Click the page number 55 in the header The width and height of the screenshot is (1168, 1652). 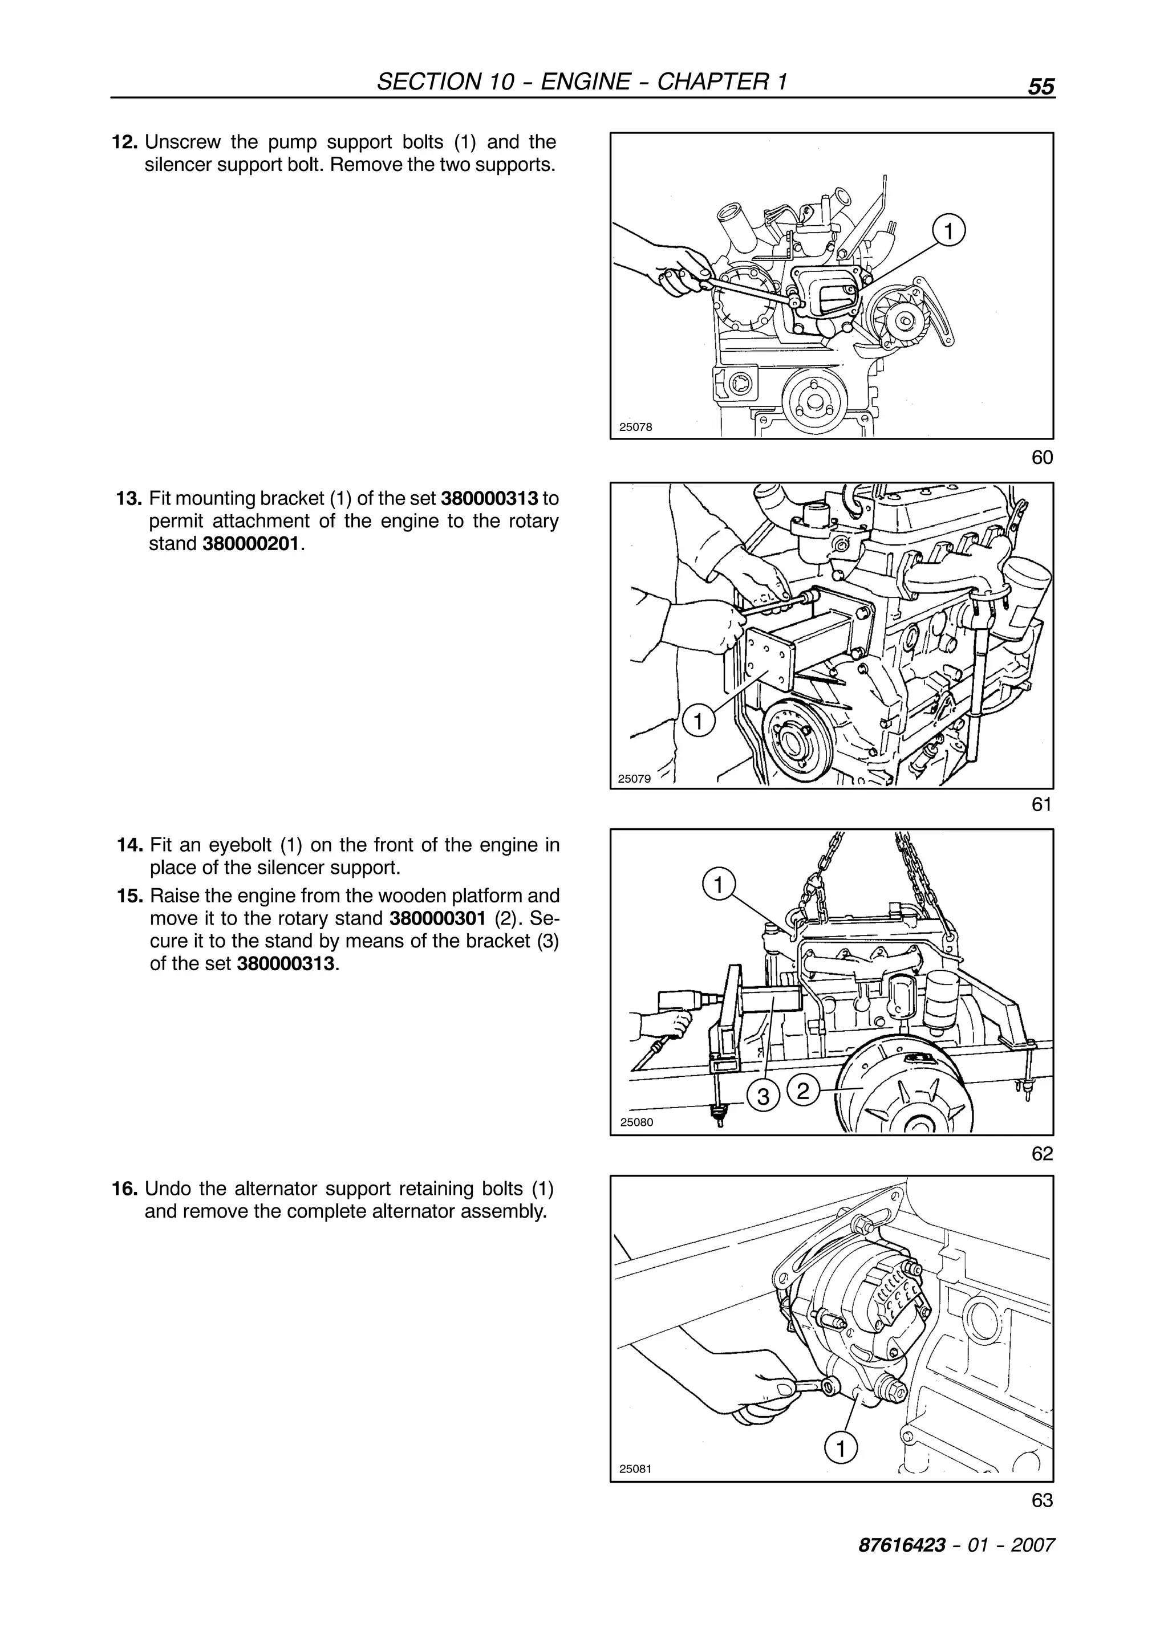(x=1041, y=87)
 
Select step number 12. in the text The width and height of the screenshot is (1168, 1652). (x=124, y=142)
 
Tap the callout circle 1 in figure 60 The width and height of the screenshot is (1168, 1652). (x=948, y=231)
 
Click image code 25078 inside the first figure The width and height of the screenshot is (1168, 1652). (x=635, y=426)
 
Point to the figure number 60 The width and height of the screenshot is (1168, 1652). (x=1042, y=458)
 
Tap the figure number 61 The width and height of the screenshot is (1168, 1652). (x=1041, y=804)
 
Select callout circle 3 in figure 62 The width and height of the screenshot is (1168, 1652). (x=764, y=1097)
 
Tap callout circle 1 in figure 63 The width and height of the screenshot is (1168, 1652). (x=841, y=1448)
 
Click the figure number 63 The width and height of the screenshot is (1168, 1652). (x=1041, y=1500)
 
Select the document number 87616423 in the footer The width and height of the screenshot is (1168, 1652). (x=901, y=1545)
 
